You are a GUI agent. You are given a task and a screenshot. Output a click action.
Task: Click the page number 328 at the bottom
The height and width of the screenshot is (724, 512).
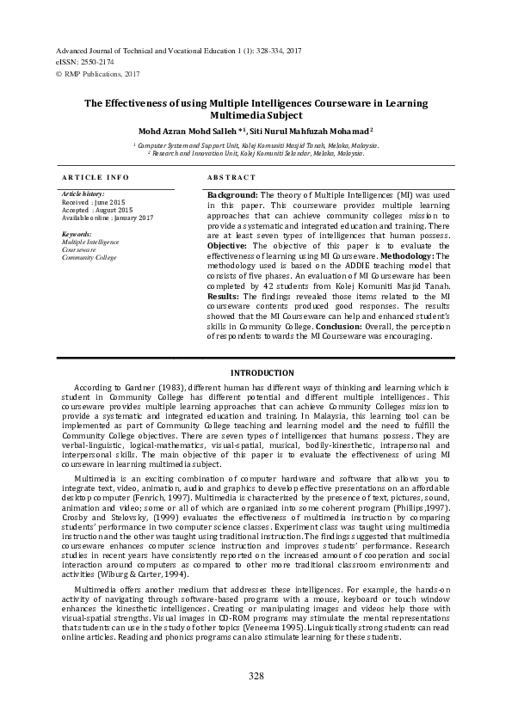point(256,677)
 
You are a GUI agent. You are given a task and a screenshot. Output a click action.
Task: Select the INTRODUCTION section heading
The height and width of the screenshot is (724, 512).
point(256,372)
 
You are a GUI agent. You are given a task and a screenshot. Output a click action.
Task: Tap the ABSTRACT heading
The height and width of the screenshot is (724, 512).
point(231,177)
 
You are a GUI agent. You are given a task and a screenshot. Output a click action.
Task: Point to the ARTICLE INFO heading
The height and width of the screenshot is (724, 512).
point(96,177)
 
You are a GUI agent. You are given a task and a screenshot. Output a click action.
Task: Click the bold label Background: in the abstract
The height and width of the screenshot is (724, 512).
point(233,196)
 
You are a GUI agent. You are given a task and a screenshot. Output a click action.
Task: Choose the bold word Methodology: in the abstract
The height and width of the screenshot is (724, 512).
point(415,256)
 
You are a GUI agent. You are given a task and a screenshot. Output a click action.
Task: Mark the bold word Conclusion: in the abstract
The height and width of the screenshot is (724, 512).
point(344,327)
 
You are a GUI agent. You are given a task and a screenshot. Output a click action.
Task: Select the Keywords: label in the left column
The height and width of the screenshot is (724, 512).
point(77,235)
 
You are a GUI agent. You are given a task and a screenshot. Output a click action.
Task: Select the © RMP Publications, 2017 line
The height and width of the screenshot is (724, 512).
point(97,75)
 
